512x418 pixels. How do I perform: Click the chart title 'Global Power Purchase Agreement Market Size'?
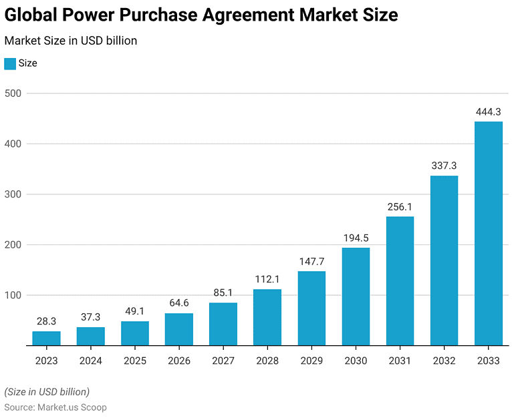point(201,15)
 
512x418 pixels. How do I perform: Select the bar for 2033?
point(488,233)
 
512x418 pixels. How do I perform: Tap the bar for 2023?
point(46,338)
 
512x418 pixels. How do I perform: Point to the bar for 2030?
point(356,296)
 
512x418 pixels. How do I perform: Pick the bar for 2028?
point(267,317)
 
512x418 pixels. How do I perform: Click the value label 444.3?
point(488,112)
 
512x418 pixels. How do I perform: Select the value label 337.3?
point(444,166)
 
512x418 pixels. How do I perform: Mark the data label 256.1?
point(400,207)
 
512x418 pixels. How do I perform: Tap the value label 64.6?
point(179,303)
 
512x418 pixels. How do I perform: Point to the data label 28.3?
point(46,321)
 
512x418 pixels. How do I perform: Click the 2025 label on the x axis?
point(135,361)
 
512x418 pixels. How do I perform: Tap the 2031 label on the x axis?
point(400,361)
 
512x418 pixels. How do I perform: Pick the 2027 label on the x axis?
point(223,361)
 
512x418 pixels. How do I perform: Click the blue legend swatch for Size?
point(10,63)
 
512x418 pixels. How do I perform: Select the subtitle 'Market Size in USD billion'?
point(71,41)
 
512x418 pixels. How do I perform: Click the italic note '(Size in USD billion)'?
point(47,391)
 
